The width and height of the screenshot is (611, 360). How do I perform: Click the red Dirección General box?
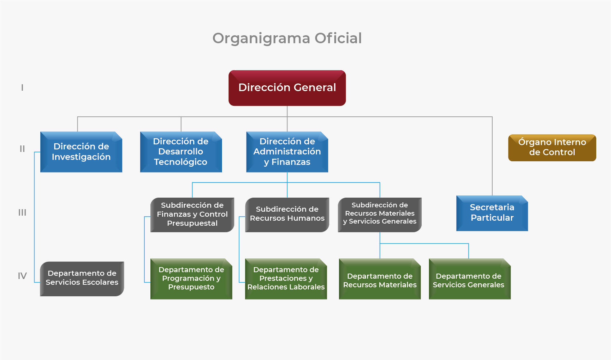(x=287, y=88)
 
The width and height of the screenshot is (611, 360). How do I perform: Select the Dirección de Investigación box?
(x=81, y=152)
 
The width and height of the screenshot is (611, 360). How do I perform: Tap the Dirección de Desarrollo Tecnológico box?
(x=181, y=152)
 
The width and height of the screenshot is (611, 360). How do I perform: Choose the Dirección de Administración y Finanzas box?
(x=287, y=152)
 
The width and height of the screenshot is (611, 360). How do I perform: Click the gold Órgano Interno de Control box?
(x=552, y=148)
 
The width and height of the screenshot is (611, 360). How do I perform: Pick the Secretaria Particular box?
(x=492, y=213)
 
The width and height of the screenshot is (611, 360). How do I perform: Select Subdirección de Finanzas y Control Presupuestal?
(x=192, y=215)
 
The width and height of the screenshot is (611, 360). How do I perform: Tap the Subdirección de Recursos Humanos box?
(x=287, y=214)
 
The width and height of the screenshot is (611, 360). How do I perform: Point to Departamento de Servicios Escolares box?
(x=82, y=278)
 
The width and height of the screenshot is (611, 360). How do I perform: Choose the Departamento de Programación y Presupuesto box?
(x=191, y=279)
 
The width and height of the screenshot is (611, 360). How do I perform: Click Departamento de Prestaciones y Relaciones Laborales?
(x=286, y=279)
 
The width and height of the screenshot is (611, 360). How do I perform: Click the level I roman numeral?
(x=22, y=88)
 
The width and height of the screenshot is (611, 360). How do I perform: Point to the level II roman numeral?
(x=22, y=149)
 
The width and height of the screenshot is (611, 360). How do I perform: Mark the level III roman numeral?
(x=22, y=213)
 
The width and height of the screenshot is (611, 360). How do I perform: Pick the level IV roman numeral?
(x=22, y=276)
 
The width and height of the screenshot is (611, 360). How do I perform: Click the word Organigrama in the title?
(x=261, y=39)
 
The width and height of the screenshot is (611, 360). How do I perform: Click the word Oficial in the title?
(x=338, y=38)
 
